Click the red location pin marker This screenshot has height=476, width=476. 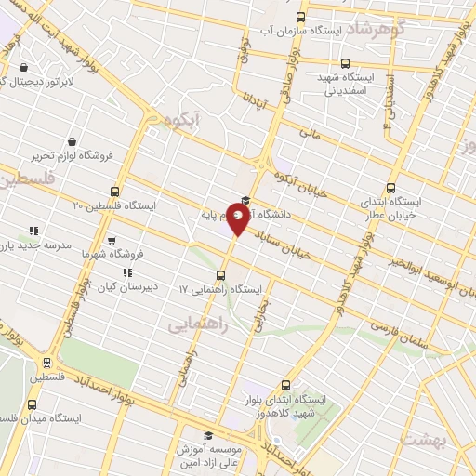239,220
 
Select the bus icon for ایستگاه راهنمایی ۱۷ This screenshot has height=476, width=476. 220,275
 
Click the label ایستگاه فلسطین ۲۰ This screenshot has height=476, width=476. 116,205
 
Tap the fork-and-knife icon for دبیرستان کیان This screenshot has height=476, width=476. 127,272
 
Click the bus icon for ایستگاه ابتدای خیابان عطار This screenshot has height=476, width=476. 390,185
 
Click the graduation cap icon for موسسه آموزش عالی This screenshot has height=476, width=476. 208,435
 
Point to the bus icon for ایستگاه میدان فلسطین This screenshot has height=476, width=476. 32,404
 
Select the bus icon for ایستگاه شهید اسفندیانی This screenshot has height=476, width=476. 345,63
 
